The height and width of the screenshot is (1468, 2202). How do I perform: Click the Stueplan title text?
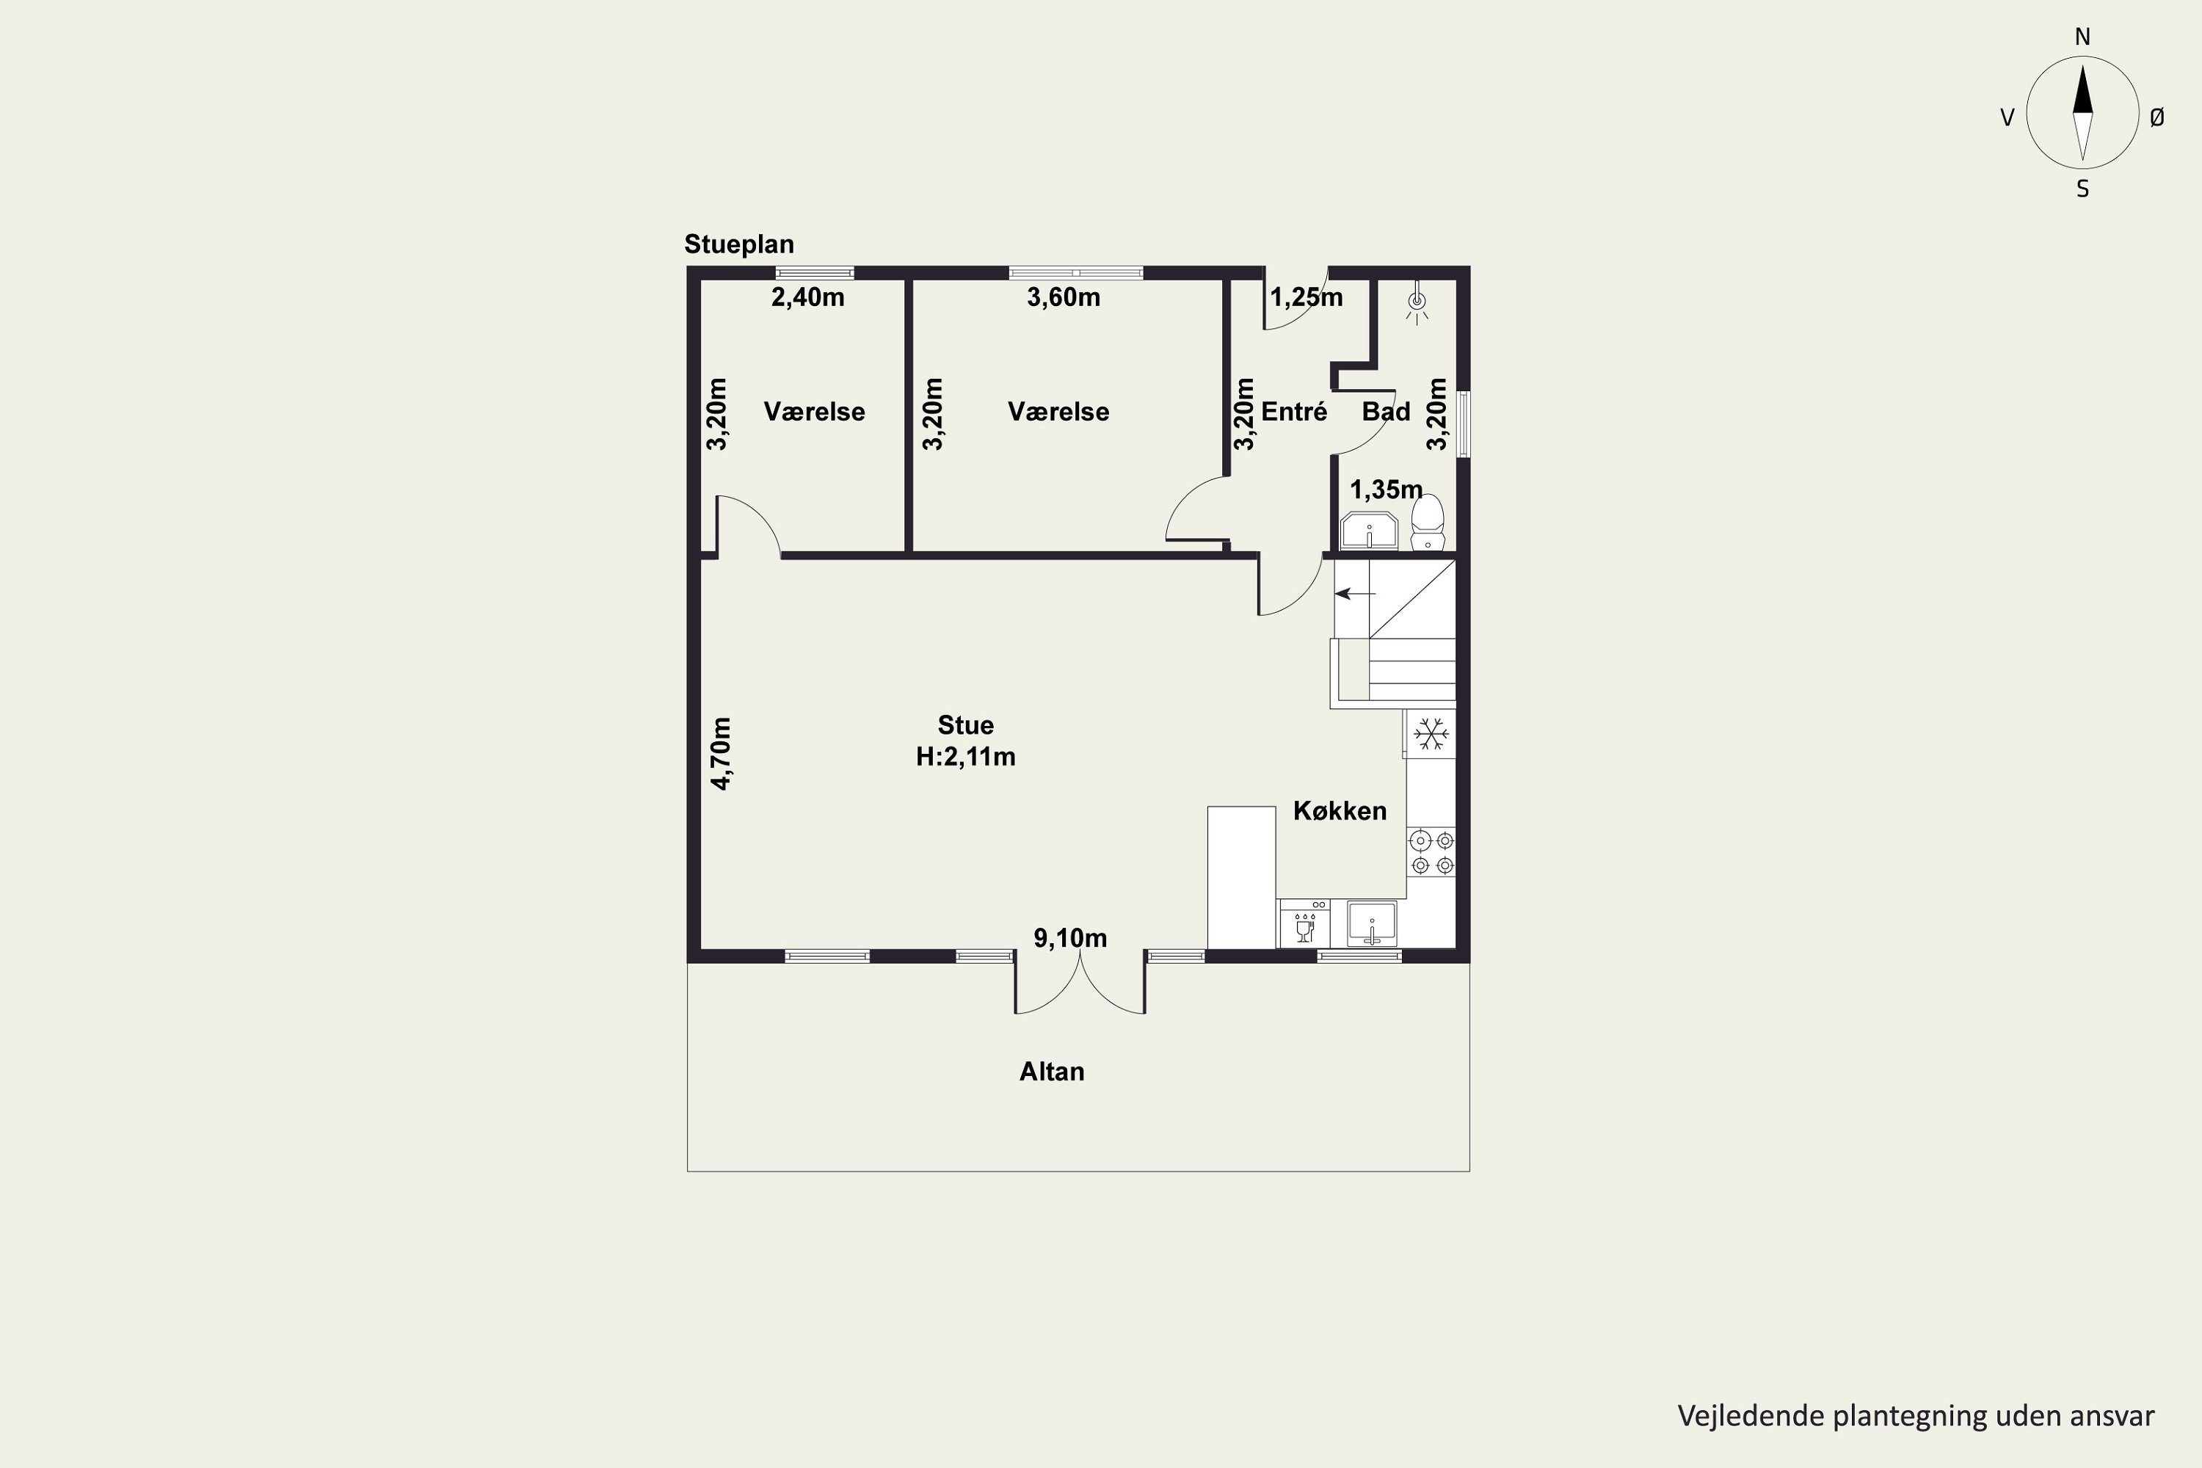tap(738, 245)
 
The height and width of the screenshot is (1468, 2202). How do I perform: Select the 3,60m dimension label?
tap(1064, 298)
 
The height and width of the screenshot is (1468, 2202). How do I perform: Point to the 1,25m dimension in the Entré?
tap(1306, 298)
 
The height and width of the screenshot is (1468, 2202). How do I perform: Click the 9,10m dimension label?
tap(1070, 938)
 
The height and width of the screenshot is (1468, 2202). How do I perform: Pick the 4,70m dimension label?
tap(721, 754)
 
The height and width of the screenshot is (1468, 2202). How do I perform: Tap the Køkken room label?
tap(1340, 811)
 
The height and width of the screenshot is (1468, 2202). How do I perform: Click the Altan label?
tap(1051, 1072)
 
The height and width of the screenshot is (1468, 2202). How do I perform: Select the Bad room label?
tap(1386, 412)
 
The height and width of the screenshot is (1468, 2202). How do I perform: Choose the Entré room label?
tap(1294, 412)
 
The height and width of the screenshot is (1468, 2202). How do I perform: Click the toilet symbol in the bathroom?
tap(1428, 523)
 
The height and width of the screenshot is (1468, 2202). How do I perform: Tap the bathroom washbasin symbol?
tap(1370, 531)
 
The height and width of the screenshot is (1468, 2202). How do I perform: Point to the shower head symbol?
tap(1417, 302)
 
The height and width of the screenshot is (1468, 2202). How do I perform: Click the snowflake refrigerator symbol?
tap(1431, 734)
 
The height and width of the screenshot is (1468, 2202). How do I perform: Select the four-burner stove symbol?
tap(1431, 853)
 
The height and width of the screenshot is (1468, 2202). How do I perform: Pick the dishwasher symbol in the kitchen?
tap(1304, 924)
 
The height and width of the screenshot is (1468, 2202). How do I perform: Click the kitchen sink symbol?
tap(1372, 924)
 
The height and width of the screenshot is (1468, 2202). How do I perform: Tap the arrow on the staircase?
tap(1355, 594)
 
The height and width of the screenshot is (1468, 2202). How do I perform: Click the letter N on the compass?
tap(2082, 37)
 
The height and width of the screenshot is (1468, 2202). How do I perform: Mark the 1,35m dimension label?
tap(1386, 490)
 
